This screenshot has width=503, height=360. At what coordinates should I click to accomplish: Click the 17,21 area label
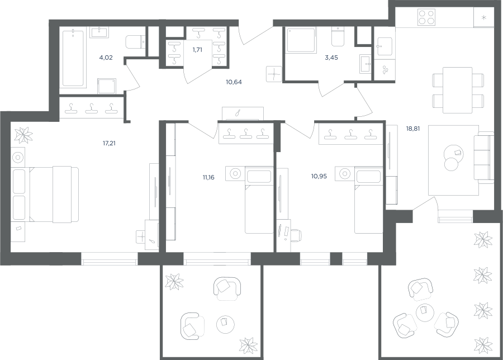(x=109, y=143)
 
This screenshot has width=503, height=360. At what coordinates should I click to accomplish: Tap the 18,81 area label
(x=413, y=129)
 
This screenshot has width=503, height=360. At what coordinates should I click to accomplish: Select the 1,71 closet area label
(x=197, y=50)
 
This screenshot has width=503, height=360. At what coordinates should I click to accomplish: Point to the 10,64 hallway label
(x=234, y=82)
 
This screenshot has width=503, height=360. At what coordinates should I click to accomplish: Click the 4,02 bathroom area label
(x=106, y=58)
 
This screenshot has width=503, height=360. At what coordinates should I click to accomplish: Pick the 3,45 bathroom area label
(x=331, y=58)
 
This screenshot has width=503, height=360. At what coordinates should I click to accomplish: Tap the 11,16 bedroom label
(x=208, y=177)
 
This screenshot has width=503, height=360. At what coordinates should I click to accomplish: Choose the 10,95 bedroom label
(x=319, y=176)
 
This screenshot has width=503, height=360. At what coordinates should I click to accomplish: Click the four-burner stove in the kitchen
(x=426, y=17)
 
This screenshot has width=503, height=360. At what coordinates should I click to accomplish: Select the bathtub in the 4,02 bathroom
(x=73, y=58)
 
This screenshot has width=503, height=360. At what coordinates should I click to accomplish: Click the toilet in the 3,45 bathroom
(x=337, y=36)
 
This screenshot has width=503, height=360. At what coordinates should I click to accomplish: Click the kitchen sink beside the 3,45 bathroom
(x=385, y=46)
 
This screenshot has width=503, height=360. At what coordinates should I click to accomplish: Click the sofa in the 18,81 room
(x=484, y=157)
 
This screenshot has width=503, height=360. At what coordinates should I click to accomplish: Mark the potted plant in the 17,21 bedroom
(x=23, y=135)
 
